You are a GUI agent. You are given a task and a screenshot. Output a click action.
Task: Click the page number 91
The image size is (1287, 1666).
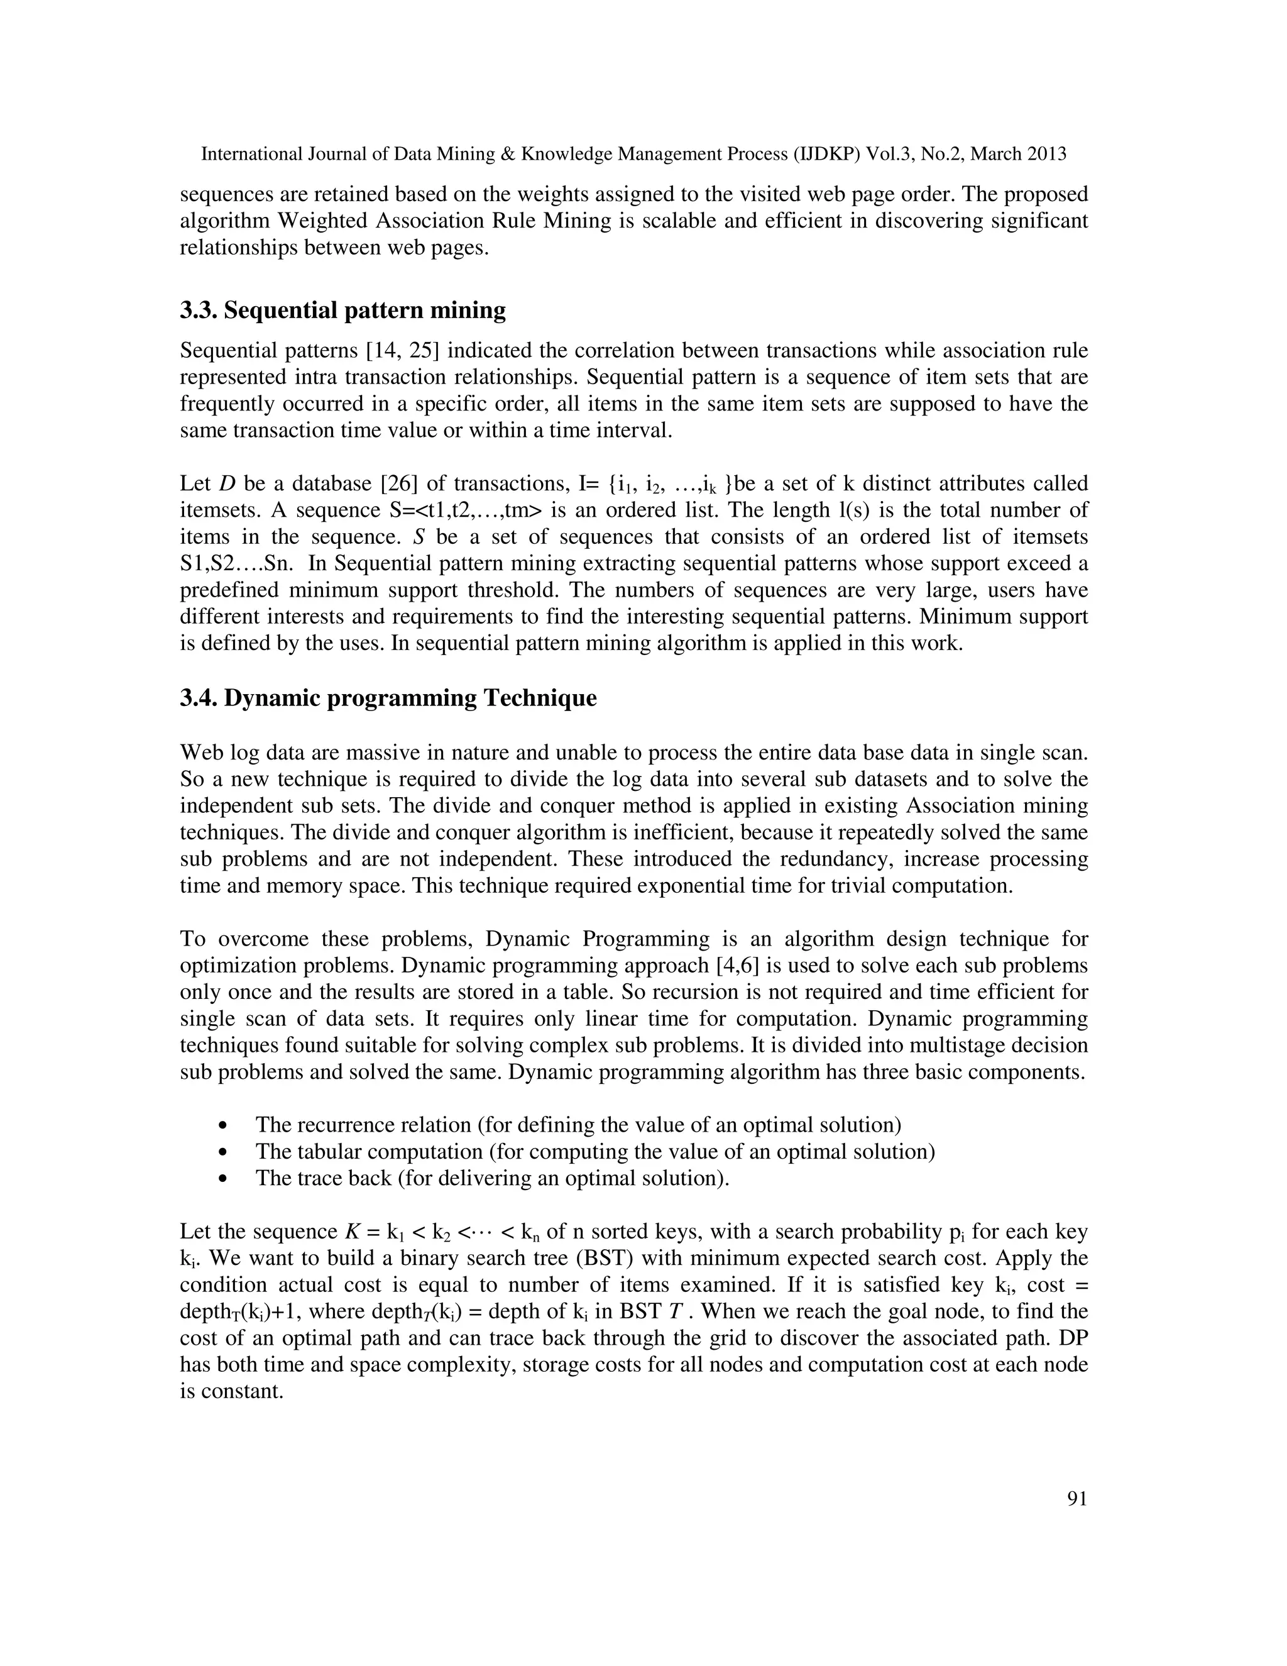coord(1076,1520)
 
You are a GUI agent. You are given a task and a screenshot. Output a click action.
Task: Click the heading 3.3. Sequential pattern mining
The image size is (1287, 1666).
coord(342,311)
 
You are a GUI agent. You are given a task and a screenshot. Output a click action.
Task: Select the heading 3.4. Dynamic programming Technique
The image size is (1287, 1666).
coord(388,698)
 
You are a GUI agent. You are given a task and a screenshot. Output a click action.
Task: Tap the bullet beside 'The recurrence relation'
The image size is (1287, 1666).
coord(222,1126)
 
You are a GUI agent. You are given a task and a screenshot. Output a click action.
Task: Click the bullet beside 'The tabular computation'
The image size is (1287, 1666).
coord(222,1152)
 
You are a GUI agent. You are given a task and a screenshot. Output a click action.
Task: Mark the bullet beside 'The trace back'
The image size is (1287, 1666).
coord(222,1179)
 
